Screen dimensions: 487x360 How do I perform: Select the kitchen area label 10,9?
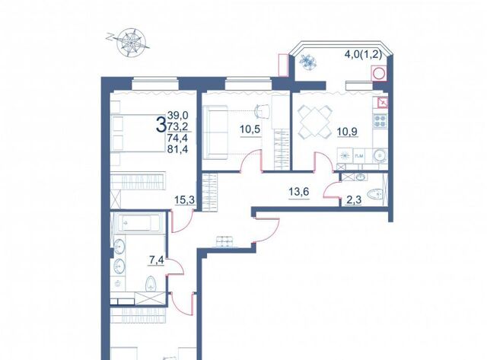347,132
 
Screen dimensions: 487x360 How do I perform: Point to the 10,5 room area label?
250,129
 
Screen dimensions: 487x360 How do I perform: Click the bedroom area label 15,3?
184,200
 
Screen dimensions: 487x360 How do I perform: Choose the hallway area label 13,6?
299,192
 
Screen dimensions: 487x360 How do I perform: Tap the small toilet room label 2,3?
354,200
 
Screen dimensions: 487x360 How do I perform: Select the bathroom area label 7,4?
157,260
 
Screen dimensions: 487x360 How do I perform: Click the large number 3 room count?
161,124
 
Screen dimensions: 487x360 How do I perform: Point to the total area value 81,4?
177,149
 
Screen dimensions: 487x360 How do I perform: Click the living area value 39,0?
177,116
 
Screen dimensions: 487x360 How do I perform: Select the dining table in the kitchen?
314,122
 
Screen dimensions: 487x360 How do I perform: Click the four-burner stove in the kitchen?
380,121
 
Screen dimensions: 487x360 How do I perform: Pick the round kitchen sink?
379,155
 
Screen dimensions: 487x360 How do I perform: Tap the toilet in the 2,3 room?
374,195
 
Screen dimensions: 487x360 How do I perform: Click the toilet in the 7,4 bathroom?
151,284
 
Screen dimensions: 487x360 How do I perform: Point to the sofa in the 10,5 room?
215,132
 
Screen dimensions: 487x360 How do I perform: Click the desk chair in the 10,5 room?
263,112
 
